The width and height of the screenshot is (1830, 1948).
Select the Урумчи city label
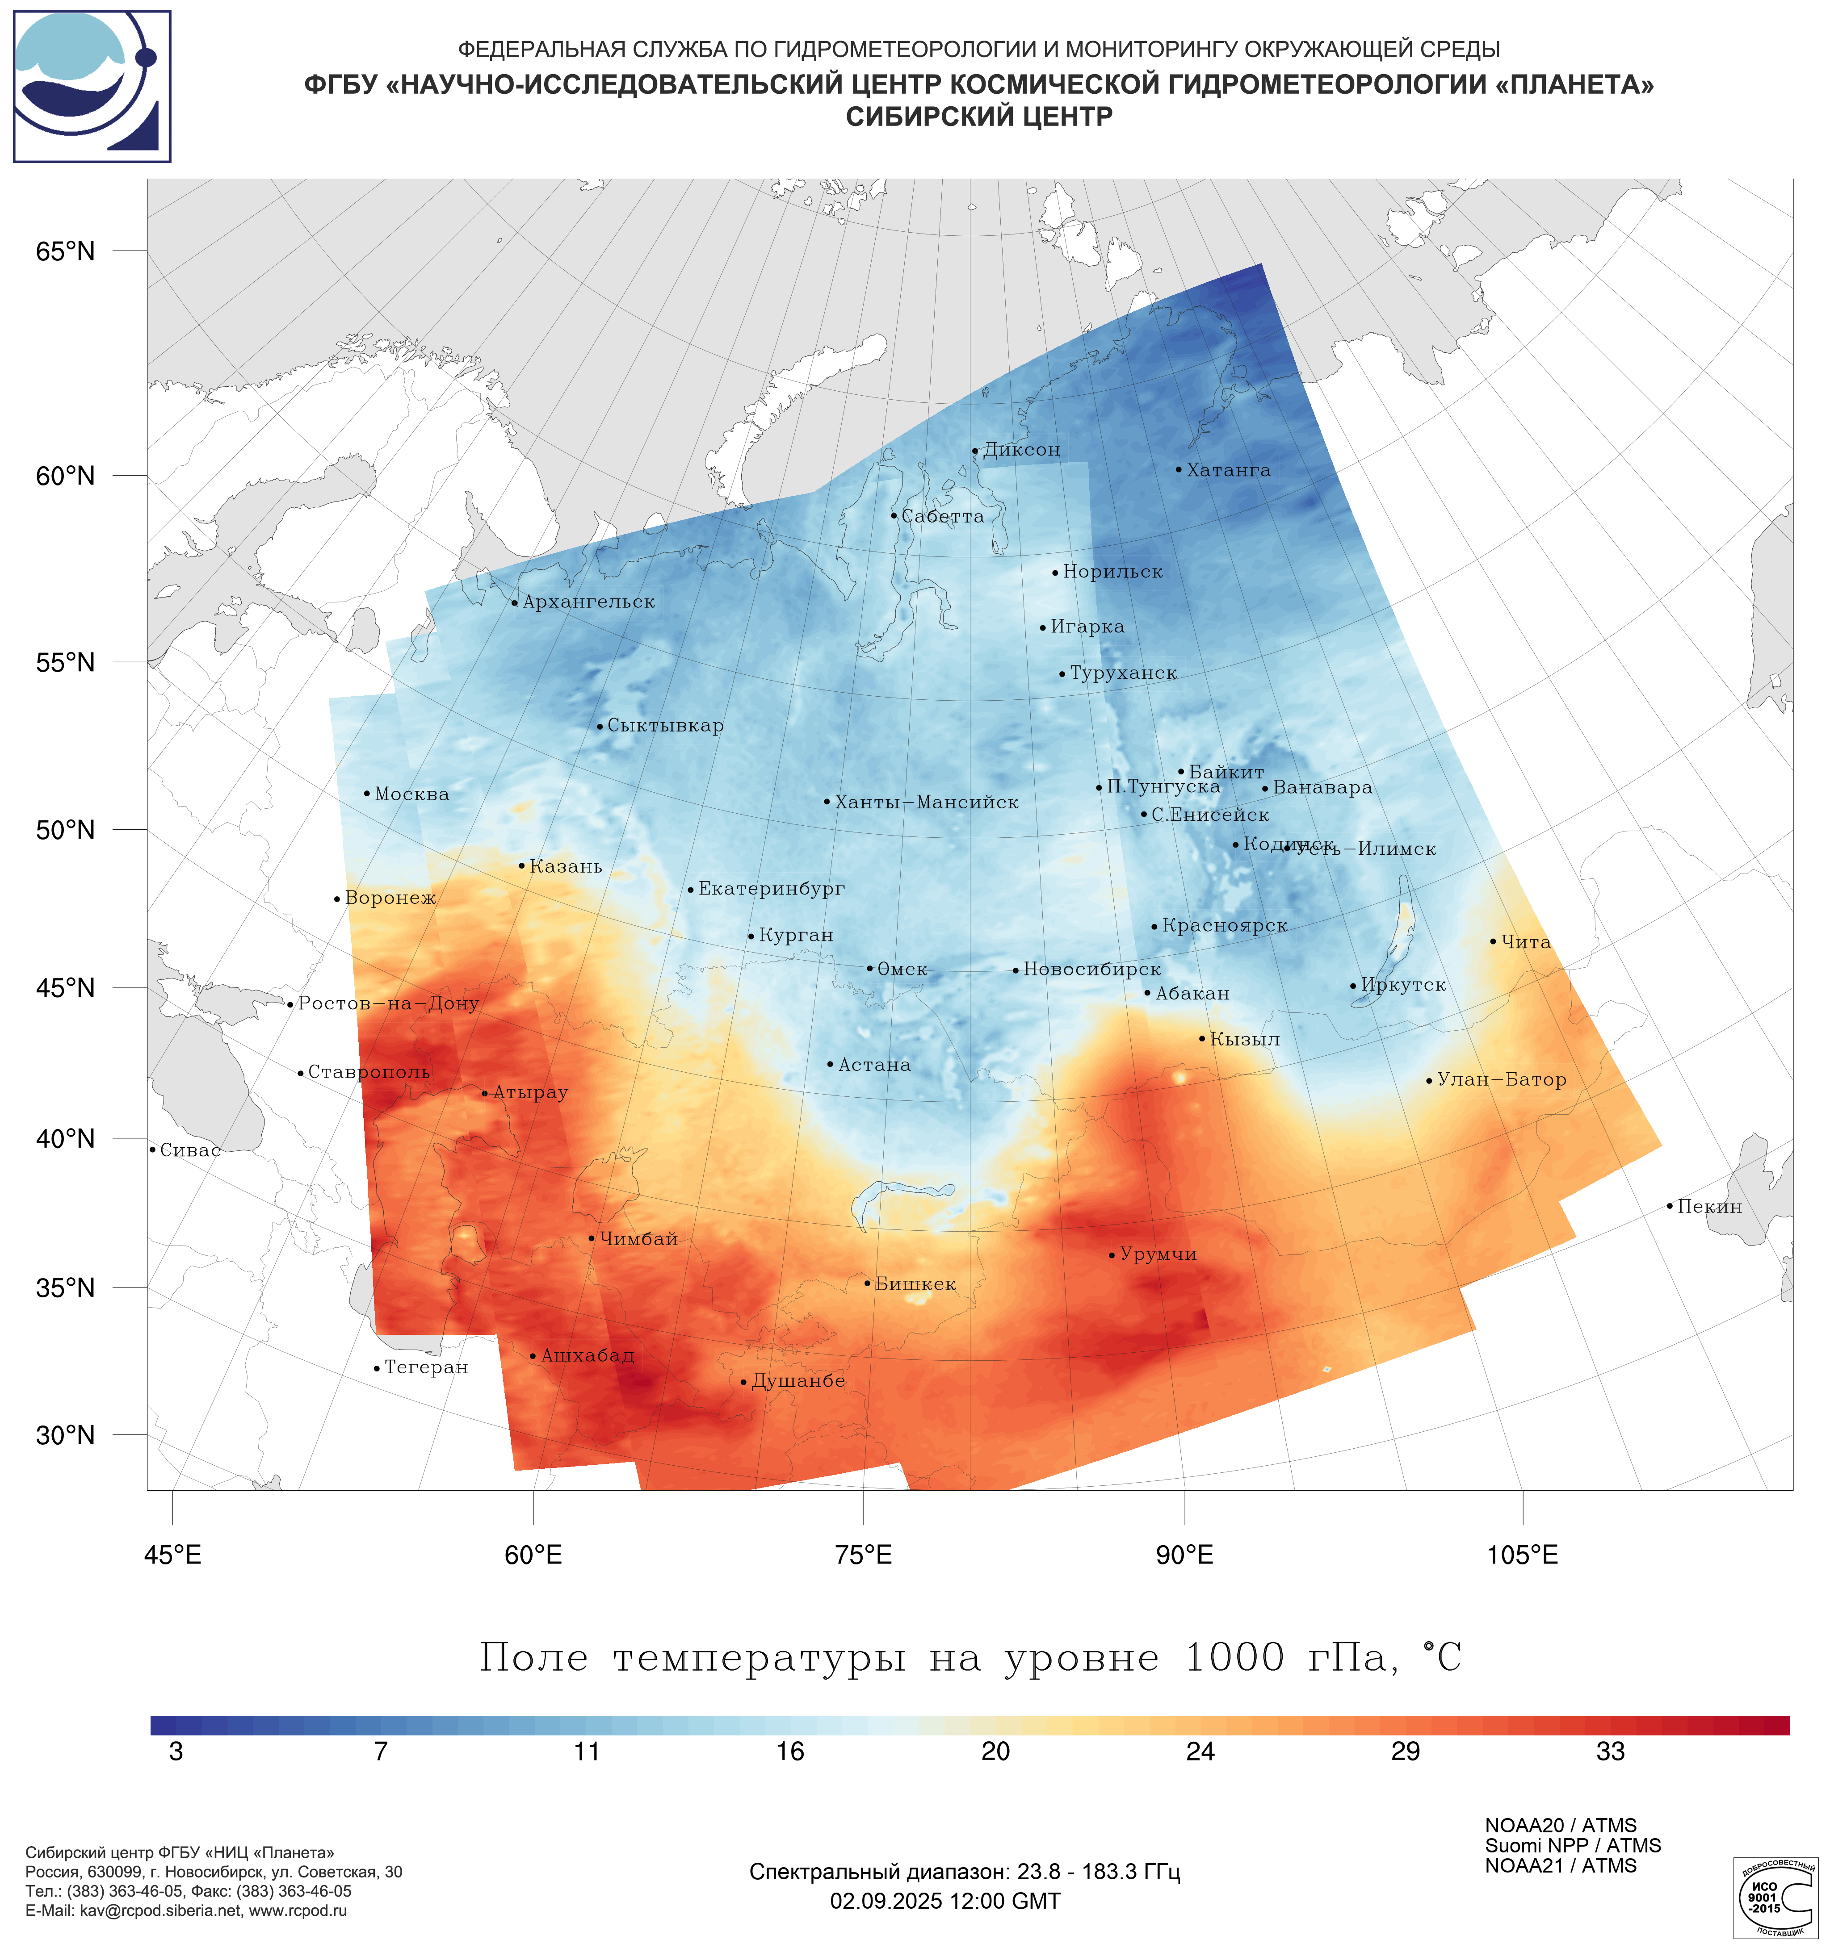(1158, 1254)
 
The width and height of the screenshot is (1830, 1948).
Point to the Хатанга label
(1228, 470)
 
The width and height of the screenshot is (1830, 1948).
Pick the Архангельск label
(588, 602)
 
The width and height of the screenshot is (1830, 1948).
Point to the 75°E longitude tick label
(864, 1555)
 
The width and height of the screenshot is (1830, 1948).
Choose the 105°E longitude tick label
(1522, 1555)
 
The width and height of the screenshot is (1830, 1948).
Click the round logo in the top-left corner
(92, 86)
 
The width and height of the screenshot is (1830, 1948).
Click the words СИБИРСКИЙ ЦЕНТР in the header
(979, 117)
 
